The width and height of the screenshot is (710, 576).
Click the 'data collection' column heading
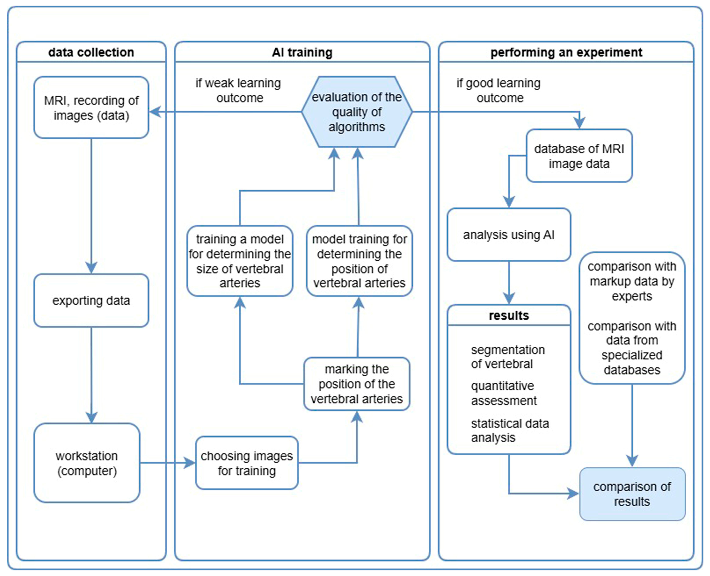91,52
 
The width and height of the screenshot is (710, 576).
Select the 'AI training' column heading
302,52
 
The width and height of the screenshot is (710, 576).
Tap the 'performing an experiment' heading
566,52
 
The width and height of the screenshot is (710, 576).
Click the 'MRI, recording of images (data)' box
91,107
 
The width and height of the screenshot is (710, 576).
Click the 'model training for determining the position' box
359,261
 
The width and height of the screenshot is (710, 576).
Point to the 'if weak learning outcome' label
238,90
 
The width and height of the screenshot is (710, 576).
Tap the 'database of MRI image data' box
579,156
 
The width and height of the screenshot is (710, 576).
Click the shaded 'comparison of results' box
632,494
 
